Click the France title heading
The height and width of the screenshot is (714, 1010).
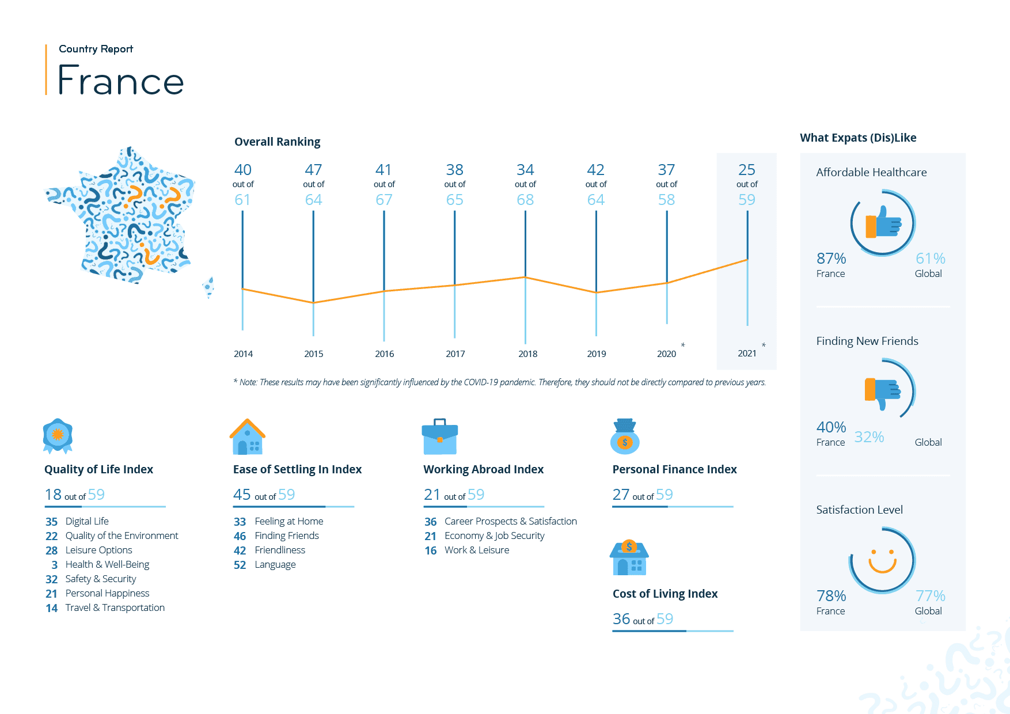coord(121,81)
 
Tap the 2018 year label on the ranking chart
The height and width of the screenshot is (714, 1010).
coord(527,354)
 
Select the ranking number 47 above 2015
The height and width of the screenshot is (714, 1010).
coord(313,170)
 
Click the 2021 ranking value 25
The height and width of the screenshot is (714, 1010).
coord(746,170)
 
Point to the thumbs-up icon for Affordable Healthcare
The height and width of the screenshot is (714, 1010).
coord(883,223)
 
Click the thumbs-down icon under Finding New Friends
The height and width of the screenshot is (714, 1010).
coord(883,392)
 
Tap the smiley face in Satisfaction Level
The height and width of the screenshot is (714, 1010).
coord(882,560)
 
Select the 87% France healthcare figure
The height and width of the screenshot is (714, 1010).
coord(831,259)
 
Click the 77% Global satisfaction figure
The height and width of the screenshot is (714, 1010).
coord(930,596)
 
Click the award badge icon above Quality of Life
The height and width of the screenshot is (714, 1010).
coord(58,435)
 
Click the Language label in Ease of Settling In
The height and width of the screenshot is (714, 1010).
coord(275,565)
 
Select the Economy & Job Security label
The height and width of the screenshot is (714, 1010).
coord(494,536)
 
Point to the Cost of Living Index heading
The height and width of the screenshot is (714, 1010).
coord(665,594)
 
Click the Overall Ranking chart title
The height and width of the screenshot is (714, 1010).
coord(277,142)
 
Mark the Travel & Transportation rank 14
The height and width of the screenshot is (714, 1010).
coord(52,608)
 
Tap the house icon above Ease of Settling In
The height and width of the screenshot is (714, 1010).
coord(248,437)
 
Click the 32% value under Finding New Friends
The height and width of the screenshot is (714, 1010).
coord(869,437)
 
